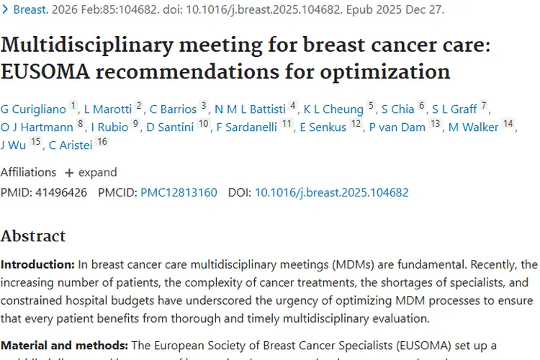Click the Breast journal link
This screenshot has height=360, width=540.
click(x=30, y=10)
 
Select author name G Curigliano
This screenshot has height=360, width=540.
click(x=33, y=109)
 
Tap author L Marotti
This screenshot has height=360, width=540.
click(x=108, y=109)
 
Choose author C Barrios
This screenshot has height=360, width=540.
click(x=173, y=109)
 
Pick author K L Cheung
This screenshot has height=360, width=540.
click(x=333, y=109)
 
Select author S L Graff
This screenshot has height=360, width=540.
click(x=454, y=109)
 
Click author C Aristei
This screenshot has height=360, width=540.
click(x=71, y=145)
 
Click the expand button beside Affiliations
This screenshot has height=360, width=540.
click(x=91, y=173)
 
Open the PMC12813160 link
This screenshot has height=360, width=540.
click(x=179, y=193)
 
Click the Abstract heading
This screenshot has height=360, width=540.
click(x=33, y=236)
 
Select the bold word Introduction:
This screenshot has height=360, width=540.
click(x=37, y=265)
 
